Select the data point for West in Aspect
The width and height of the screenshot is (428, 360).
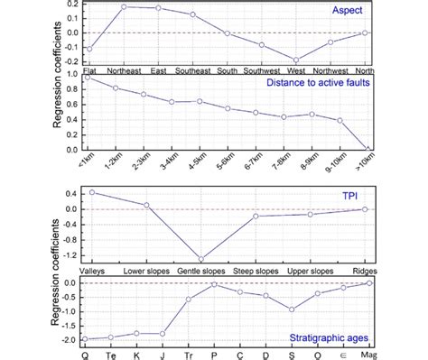[x=295, y=60]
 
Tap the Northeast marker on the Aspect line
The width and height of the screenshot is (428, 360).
[x=123, y=7]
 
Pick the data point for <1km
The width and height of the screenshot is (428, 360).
[x=88, y=78]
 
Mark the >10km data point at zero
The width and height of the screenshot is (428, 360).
[x=368, y=149]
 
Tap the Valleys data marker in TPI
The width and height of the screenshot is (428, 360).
[x=91, y=192]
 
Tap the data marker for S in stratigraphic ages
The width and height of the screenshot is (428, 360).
[x=292, y=309]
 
